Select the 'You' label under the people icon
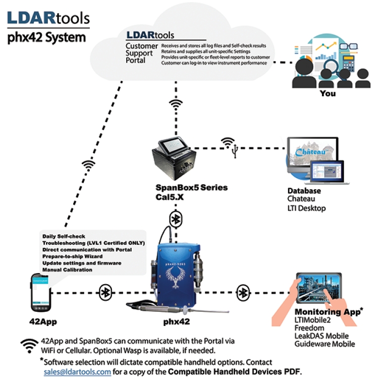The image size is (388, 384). coord(327,93)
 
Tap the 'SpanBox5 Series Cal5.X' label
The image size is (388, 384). coord(191,192)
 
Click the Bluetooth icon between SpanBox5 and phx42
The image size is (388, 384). coord(176,219)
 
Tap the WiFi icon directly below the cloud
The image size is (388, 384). coord(176,104)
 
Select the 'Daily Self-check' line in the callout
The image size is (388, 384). coord(64,237)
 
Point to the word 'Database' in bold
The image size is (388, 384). coord(304,191)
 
